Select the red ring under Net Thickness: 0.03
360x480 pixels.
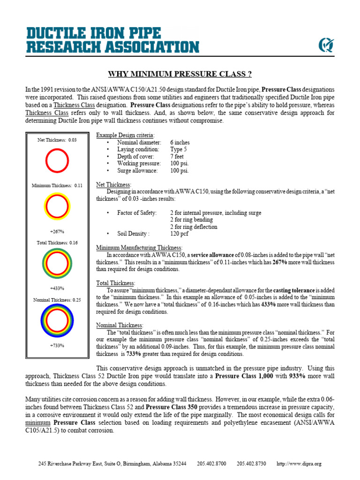[x=57, y=160]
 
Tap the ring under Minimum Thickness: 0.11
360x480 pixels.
[x=57, y=206]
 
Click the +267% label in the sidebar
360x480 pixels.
[x=57, y=232]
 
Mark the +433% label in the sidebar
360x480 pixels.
[x=57, y=288]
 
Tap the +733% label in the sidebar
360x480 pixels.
[x=57, y=345]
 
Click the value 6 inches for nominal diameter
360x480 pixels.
[x=180, y=142]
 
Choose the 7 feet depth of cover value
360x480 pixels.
[x=178, y=157]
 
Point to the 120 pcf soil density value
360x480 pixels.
[x=180, y=233]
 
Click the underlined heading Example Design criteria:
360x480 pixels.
[x=125, y=135]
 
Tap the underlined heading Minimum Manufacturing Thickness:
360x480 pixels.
[x=139, y=247]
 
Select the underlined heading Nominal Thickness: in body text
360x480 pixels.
[x=120, y=325]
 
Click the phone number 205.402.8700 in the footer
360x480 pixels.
[x=211, y=464]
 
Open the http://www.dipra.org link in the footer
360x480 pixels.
[x=299, y=464]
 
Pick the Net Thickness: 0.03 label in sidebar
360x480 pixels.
[x=57, y=140]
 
